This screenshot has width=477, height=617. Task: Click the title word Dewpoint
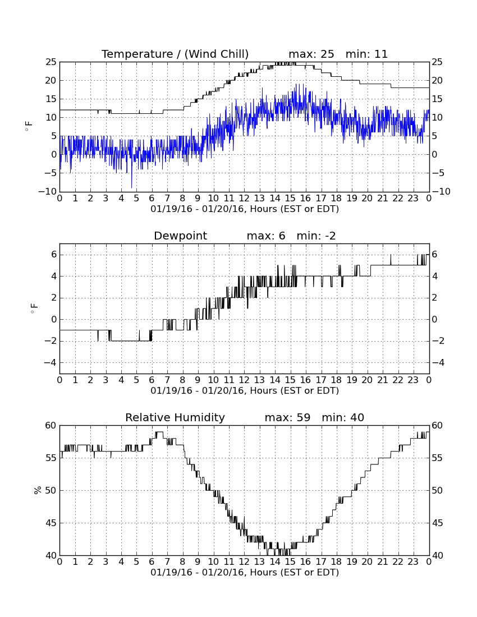coord(180,236)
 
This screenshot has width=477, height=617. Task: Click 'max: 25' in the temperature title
coord(311,54)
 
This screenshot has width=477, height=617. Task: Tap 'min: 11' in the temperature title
coord(366,54)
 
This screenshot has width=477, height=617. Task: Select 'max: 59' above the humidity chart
coord(287,417)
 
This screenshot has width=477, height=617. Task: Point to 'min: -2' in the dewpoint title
coord(316,236)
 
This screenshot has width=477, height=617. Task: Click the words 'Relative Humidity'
coord(175,417)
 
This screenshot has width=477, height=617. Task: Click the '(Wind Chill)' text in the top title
coord(217,54)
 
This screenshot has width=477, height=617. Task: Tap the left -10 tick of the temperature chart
coord(48,192)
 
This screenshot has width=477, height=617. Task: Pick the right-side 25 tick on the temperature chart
coord(437,62)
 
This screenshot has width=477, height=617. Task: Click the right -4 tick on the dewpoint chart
coord(438,362)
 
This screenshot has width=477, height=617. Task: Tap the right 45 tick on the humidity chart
coord(437,523)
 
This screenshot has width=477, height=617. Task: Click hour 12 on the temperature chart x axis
coord(244,199)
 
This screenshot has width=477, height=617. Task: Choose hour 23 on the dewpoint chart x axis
coord(413,380)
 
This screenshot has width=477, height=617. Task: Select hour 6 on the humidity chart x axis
coord(152,562)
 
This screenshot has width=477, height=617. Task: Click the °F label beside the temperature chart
coord(29,126)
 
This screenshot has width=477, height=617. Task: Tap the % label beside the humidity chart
coord(38,490)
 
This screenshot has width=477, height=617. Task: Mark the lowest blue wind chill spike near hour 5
coord(132,187)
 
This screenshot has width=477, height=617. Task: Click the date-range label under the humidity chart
coord(245,572)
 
